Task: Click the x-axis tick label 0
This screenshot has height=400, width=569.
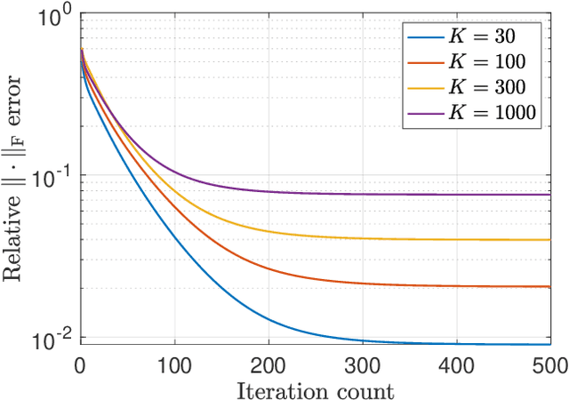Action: (81, 364)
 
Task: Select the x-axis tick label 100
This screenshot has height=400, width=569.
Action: (174, 364)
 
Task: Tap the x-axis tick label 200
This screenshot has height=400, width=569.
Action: (268, 364)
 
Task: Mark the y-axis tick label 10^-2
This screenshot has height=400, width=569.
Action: (51, 341)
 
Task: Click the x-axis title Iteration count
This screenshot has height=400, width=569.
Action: (315, 388)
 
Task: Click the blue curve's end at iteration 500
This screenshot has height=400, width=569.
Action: (549, 344)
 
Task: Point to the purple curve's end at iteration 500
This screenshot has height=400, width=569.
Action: (549, 194)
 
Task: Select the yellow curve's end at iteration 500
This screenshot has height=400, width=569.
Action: (549, 239)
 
